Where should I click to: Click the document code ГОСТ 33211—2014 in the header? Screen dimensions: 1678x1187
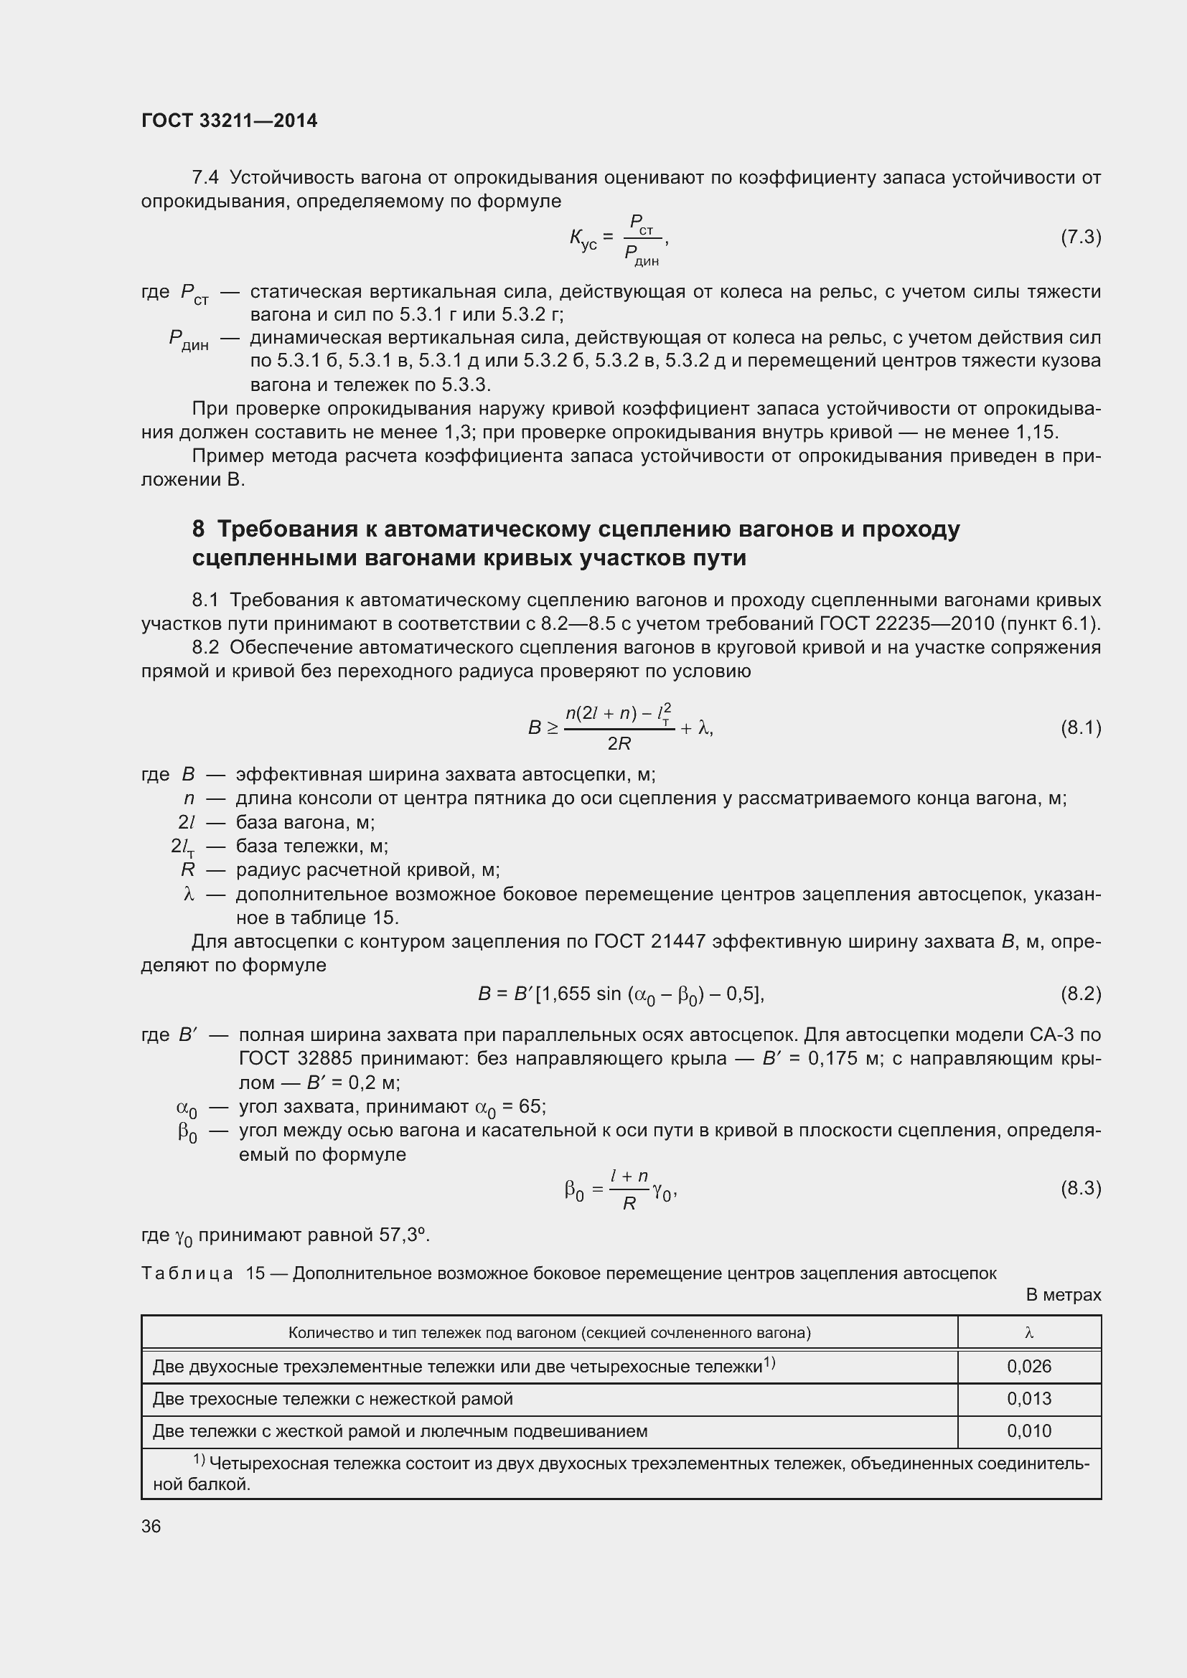coord(229,121)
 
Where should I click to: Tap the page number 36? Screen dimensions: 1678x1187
coord(151,1526)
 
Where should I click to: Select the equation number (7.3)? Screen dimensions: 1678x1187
coord(1080,237)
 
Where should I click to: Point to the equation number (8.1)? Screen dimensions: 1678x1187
coord(1080,728)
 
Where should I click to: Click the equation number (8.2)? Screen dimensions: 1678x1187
coord(1080,994)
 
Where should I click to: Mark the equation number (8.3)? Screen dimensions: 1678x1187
coord(1080,1188)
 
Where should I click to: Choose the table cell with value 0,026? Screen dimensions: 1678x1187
coord(1028,1367)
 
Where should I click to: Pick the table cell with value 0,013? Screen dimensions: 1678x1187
coord(1028,1399)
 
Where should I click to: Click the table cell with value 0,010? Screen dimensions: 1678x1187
coord(1028,1431)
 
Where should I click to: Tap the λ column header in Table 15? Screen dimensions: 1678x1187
coord(1028,1333)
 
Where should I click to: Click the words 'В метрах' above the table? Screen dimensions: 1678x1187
coord(1063,1295)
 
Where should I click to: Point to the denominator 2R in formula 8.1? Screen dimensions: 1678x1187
coord(619,744)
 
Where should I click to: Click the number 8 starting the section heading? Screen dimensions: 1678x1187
coord(199,529)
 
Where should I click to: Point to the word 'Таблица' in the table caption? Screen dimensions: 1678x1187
coord(187,1274)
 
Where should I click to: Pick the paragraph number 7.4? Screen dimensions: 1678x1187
coord(205,178)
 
